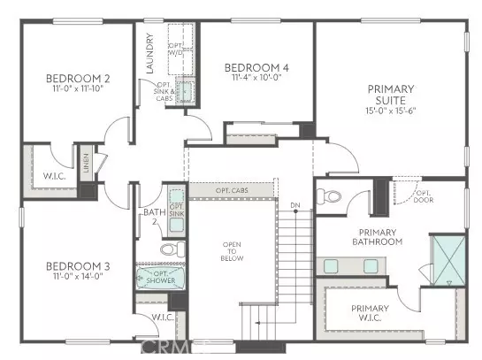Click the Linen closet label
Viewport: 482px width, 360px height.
pos(87,164)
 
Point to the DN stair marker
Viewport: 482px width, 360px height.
pos(295,207)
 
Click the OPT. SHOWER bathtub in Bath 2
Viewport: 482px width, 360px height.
pos(159,280)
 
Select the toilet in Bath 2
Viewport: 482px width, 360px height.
pos(167,250)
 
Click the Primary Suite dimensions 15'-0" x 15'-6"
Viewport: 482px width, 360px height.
pos(391,110)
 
